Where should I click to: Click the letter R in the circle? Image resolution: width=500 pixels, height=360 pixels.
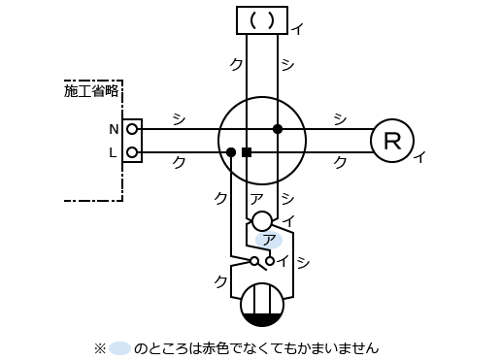[392, 141]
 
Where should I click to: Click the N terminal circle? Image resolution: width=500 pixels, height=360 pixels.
[132, 129]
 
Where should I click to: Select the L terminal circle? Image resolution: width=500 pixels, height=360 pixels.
[132, 152]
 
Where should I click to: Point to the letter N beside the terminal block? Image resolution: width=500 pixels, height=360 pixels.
[114, 129]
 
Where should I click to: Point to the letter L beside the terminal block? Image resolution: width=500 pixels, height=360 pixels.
[113, 152]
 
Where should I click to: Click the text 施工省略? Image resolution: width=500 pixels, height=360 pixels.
[91, 91]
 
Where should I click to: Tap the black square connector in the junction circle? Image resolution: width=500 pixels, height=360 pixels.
[247, 152]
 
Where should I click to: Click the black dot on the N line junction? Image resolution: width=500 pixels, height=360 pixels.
[278, 129]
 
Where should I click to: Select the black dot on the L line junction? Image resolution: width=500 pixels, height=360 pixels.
[231, 152]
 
